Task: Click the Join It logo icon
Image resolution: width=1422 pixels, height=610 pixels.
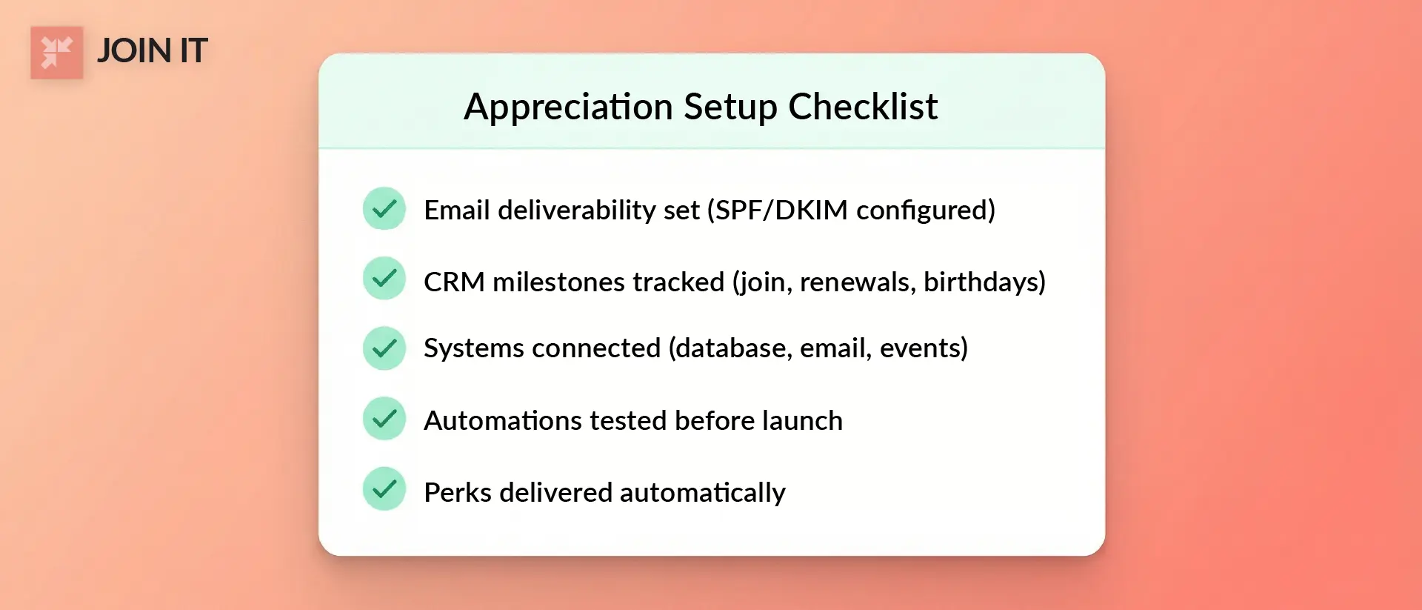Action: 56,53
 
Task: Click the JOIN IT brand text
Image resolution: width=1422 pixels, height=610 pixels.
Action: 152,51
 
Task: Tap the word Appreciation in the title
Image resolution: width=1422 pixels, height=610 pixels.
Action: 568,107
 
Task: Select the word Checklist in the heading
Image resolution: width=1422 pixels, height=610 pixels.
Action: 863,107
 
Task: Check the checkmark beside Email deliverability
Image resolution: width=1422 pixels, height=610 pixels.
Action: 384,209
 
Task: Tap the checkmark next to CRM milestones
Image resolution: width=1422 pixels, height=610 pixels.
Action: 384,279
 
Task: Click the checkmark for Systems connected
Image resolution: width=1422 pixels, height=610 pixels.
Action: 384,348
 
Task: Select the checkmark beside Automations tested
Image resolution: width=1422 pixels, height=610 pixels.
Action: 384,419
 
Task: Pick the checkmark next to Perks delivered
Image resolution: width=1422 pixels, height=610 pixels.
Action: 384,488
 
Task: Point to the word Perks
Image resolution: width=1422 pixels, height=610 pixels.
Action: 458,493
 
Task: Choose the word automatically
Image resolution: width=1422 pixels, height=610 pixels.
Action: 702,494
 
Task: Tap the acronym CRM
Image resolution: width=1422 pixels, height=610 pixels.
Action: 454,282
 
